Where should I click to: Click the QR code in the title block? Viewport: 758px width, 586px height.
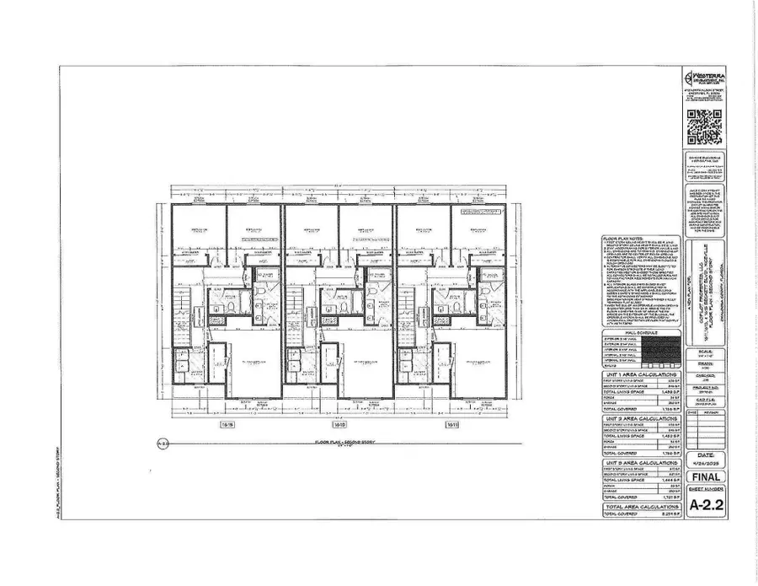(704, 127)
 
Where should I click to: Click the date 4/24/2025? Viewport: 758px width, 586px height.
(705, 460)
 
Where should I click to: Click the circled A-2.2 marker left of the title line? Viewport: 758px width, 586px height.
(164, 442)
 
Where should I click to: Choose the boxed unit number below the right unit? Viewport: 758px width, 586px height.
(452, 424)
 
